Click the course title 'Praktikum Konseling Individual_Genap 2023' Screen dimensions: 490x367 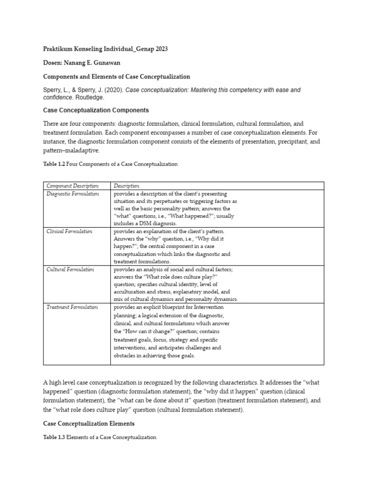(106, 49)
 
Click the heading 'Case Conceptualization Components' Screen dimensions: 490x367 (96, 110)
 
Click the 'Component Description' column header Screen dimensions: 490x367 (73, 186)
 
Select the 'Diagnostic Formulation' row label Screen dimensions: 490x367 (73, 194)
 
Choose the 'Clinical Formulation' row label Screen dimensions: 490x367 (70, 231)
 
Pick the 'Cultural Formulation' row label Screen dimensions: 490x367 (70, 269)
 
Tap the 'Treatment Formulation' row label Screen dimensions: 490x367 (72, 307)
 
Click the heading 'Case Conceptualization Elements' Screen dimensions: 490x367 (89, 423)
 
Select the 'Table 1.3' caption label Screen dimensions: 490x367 (54, 437)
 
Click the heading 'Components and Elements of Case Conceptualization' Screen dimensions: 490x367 (117, 77)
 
